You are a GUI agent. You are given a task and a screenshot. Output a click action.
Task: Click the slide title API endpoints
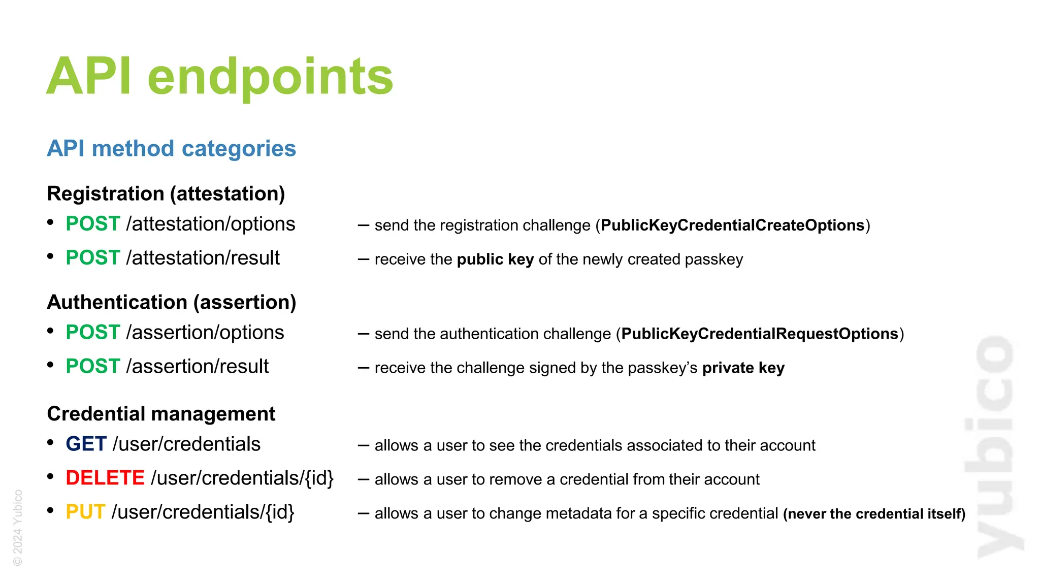(x=219, y=77)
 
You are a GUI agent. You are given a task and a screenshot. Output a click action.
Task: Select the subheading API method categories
(x=171, y=149)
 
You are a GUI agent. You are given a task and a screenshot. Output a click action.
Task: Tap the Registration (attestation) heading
(x=166, y=194)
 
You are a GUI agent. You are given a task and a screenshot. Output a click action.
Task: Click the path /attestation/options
(x=211, y=224)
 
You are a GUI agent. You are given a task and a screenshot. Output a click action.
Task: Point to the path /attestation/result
(x=203, y=258)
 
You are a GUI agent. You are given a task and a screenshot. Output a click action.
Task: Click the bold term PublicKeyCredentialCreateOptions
(x=732, y=225)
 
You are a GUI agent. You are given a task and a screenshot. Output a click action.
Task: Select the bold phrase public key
(x=495, y=259)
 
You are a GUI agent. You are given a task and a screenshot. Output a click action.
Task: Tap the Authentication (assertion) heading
(x=172, y=302)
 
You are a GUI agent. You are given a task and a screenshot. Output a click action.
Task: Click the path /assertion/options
(x=205, y=333)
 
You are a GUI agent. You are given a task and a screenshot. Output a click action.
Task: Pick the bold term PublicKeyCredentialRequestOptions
(x=760, y=334)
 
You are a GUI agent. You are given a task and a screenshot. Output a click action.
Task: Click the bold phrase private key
(x=743, y=368)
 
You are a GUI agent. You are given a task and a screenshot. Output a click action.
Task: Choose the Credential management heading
(x=161, y=414)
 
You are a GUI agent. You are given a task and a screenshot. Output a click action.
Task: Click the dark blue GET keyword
(x=86, y=444)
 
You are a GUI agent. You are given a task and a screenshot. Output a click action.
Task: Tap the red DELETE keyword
(x=105, y=478)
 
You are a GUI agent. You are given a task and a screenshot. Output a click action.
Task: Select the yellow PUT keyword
(x=85, y=512)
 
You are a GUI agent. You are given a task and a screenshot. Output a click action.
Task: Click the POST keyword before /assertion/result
(x=93, y=367)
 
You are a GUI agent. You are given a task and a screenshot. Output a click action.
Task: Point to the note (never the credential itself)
(x=874, y=514)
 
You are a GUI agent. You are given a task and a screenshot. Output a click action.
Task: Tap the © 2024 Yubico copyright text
(x=18, y=528)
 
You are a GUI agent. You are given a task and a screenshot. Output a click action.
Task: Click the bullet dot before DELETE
(x=50, y=477)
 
